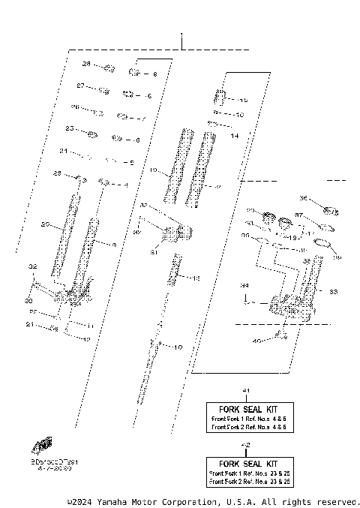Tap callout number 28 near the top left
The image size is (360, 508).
coord(85,65)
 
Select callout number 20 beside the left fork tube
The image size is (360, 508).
coord(45,224)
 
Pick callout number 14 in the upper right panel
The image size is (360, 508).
coord(234,136)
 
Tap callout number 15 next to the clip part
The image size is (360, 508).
coord(242,100)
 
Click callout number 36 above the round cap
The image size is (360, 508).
coord(304,198)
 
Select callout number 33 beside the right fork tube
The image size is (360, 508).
coord(334,292)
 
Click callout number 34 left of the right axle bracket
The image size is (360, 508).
coord(244,286)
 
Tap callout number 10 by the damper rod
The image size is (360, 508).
coord(178,347)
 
